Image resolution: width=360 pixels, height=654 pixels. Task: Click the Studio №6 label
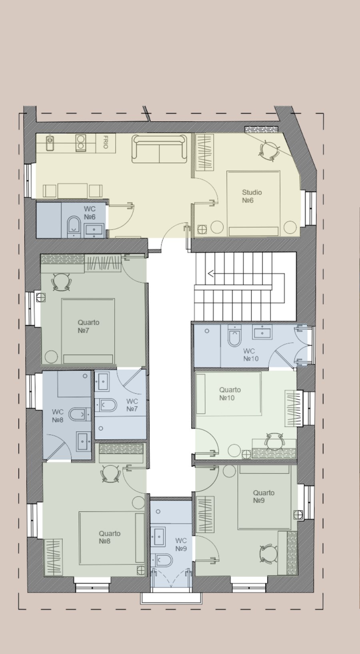tap(252, 196)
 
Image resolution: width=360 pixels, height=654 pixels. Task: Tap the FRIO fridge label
tap(106, 142)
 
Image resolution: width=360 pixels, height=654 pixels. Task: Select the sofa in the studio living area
tap(159, 149)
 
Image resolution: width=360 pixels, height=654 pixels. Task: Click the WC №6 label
tap(90, 213)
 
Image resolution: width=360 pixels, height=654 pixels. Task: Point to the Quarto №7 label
tap(88, 326)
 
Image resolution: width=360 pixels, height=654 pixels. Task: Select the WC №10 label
tap(251, 355)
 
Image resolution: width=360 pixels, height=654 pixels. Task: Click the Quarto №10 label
tap(230, 394)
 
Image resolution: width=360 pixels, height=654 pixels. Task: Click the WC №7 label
tap(132, 405)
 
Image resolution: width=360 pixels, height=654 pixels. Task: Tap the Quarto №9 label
tap(263, 496)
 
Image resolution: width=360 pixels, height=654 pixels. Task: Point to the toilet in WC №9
tap(162, 559)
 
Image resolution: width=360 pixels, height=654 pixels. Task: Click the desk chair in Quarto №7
tap(61, 282)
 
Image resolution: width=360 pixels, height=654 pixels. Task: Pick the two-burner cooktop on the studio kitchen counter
tap(81, 142)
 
